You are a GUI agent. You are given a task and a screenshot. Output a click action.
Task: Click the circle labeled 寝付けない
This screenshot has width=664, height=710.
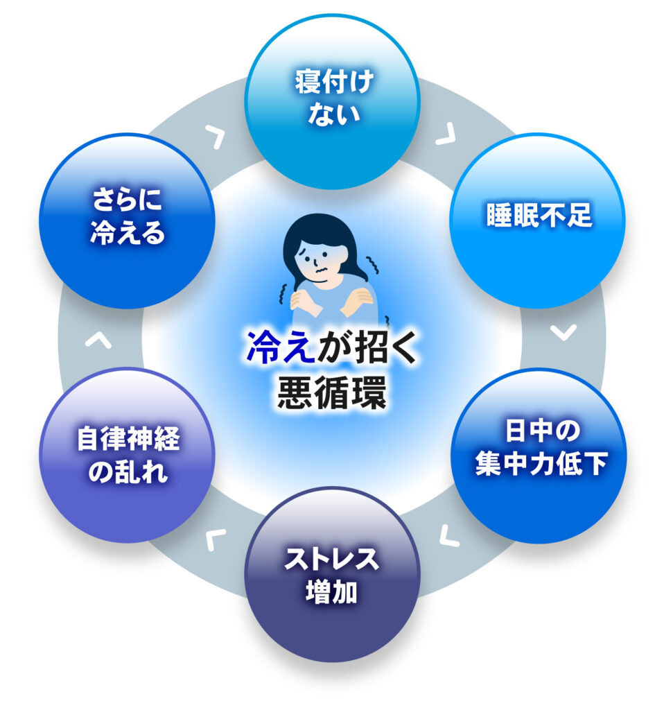(333, 101)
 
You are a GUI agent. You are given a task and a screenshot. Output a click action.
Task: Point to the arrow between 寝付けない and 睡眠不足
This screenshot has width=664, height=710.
(444, 134)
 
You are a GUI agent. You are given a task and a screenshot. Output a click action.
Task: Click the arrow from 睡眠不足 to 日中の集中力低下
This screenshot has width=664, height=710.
(563, 332)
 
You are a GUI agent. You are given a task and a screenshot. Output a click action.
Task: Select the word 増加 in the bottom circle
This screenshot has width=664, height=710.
(333, 593)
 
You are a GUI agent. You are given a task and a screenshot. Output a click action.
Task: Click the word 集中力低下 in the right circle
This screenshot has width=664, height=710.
(541, 466)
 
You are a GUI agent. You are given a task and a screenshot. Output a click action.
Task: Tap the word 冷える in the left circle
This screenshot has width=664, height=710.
(128, 233)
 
